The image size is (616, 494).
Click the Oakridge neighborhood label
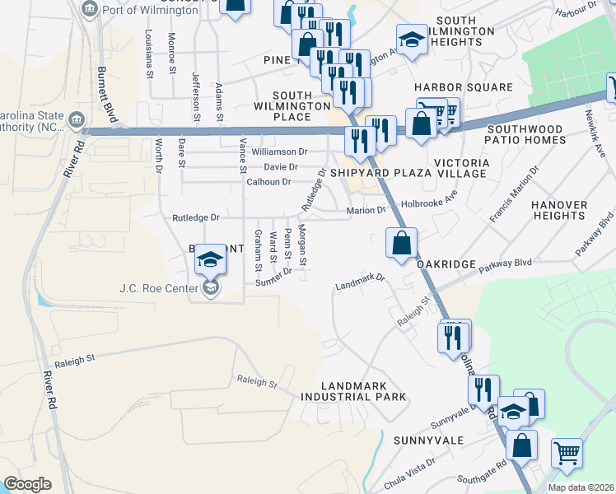pos(446,263)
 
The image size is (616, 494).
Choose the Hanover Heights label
pos(559,210)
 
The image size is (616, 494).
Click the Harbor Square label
pos(464,87)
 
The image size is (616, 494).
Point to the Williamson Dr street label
pos(279,151)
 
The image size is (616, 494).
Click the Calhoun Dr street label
pos(268,182)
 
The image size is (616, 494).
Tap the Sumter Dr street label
pos(273,277)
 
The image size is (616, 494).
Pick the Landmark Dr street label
pos(361,282)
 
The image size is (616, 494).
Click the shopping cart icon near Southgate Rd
pos(566,452)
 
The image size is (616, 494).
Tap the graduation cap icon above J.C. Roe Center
pos(210,259)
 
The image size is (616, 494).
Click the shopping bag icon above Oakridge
pos(401,243)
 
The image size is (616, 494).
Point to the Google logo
pos(27,484)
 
